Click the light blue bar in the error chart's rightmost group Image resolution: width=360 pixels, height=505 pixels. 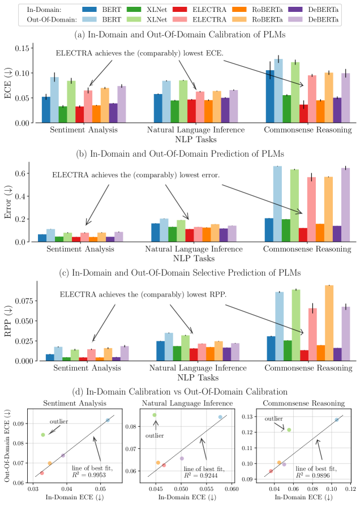(277, 203)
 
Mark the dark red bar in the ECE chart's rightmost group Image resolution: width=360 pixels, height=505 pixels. (304, 113)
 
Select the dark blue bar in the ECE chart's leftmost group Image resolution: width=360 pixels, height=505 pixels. (46, 109)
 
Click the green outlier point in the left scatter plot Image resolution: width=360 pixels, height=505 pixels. (43, 434)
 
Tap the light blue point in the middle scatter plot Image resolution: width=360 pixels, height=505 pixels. (220, 417)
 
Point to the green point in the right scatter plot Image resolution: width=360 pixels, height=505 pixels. (289, 430)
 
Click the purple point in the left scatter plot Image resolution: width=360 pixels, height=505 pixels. (63, 455)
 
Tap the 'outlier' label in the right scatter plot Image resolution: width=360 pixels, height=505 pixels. (274, 418)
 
